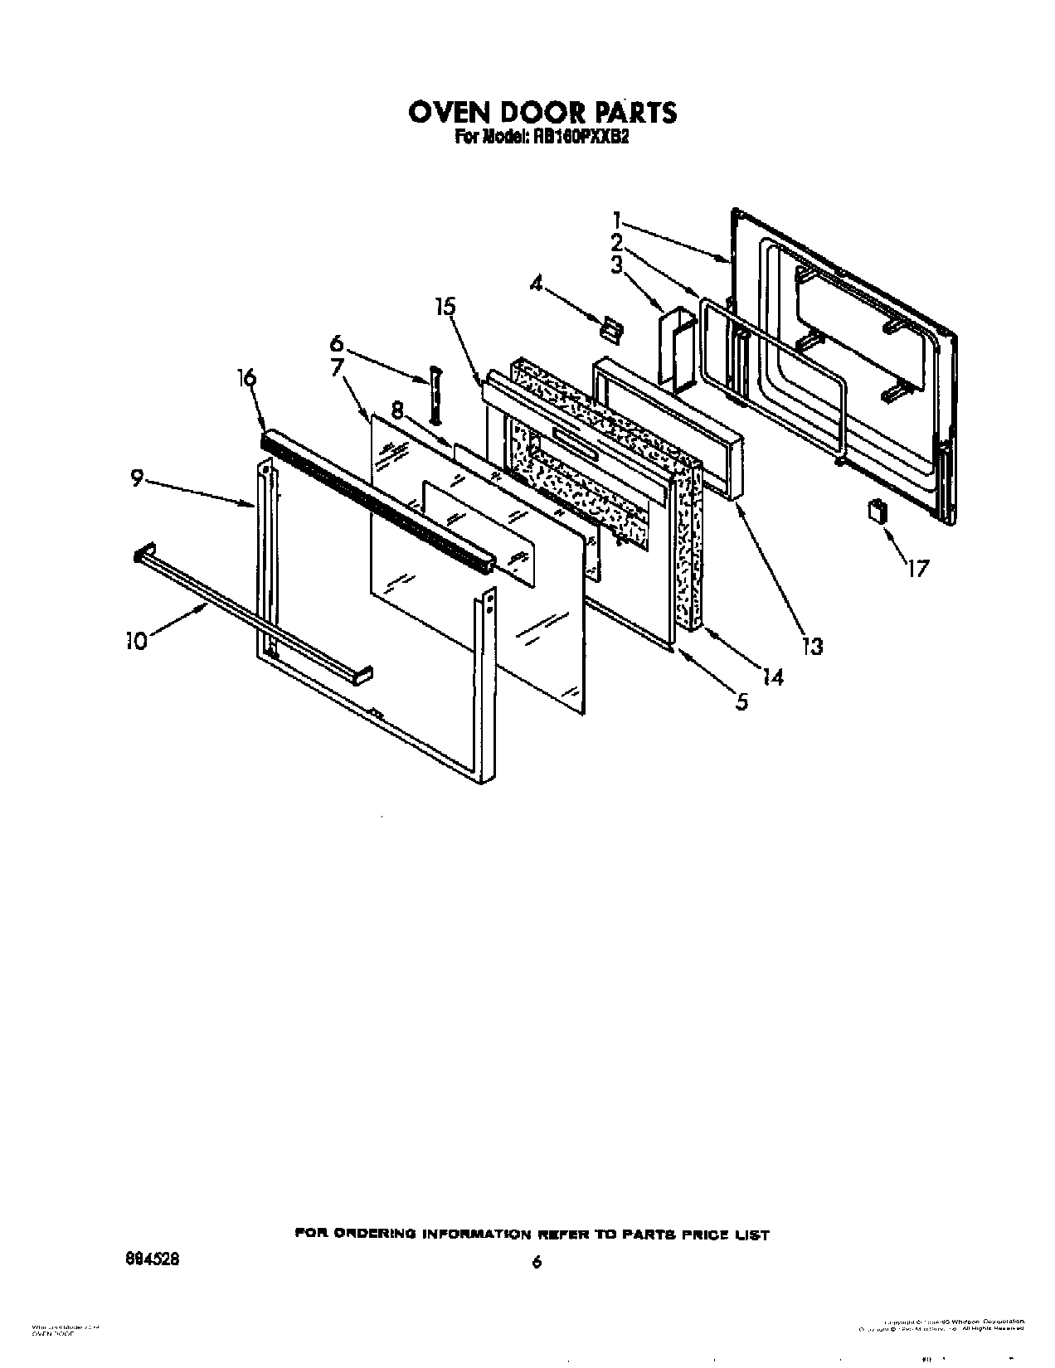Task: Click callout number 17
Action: point(917,569)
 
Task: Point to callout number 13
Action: point(813,646)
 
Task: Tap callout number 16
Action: point(246,378)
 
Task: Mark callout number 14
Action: point(772,677)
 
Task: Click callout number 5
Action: point(741,702)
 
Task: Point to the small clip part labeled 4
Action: point(612,330)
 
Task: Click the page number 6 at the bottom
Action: point(537,1261)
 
